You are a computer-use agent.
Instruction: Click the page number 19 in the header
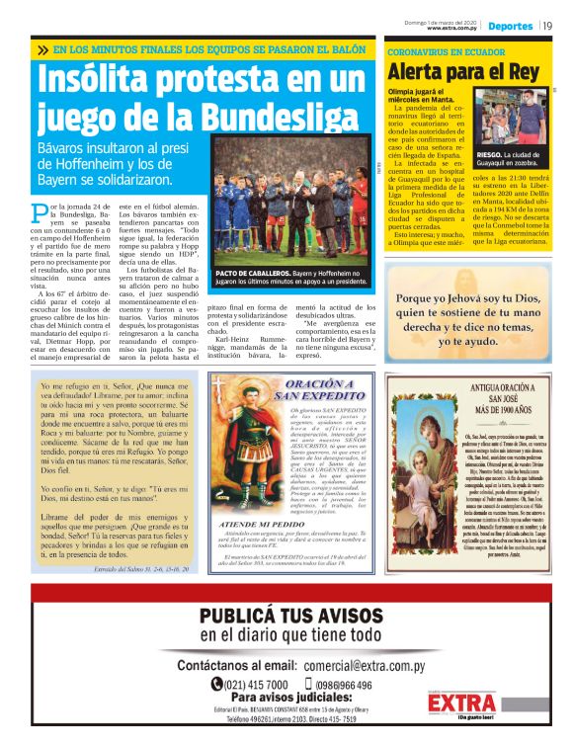pyautogui.click(x=546, y=25)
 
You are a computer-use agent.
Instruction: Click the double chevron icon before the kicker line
pyautogui.click(x=42, y=48)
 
